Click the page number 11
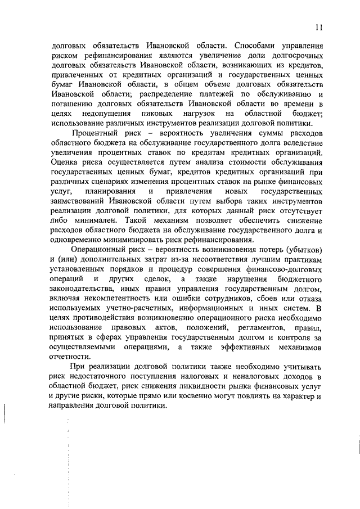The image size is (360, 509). pos(318,26)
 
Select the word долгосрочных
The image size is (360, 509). pos(293,57)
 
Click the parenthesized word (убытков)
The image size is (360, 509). pos(300,249)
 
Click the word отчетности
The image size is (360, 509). pos(70,357)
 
